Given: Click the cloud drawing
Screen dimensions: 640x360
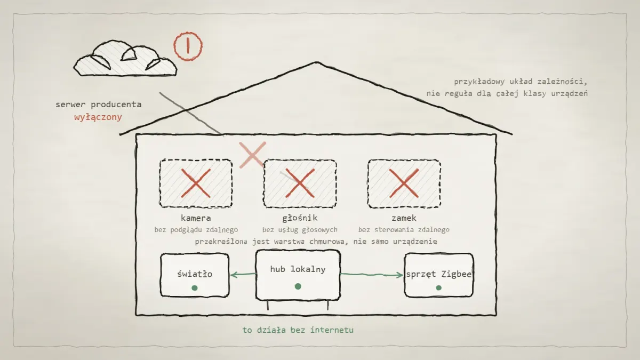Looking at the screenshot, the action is (x=125, y=59).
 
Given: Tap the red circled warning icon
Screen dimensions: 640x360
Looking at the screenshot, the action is (x=188, y=46).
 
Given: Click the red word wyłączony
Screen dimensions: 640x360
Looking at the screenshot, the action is (x=98, y=117).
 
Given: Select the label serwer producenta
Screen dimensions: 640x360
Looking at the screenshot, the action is (x=99, y=105).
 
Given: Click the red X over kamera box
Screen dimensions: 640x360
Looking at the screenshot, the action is (x=196, y=183).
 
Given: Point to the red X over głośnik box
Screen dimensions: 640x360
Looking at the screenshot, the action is (x=300, y=183).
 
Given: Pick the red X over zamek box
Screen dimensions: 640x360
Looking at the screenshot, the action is (x=404, y=183).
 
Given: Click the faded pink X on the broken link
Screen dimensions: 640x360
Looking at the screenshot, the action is (x=253, y=155).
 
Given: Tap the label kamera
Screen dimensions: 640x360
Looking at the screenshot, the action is (x=196, y=218).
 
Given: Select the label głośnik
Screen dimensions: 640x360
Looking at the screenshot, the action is (x=300, y=218).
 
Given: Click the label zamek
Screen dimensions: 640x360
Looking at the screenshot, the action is (x=404, y=218).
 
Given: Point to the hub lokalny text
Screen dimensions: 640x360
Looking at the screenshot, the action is (x=298, y=269).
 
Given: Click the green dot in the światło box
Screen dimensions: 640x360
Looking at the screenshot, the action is (x=195, y=287).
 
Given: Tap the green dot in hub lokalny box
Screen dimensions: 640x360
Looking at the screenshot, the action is (x=298, y=286).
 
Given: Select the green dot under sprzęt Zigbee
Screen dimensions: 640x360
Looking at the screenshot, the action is (x=439, y=287).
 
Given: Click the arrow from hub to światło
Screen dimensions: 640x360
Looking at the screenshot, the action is (x=243, y=275).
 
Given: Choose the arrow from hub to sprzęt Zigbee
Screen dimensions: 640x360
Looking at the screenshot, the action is (x=372, y=275).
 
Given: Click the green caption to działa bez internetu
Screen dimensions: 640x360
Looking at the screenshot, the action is (x=298, y=330).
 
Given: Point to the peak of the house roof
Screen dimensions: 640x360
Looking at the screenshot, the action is (x=316, y=62).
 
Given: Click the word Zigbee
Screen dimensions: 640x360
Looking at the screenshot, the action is (x=457, y=274).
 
